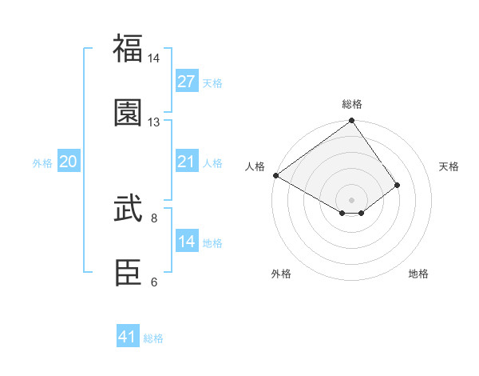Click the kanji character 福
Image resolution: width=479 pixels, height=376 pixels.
click(129, 48)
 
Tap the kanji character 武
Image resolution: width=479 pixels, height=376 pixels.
click(129, 210)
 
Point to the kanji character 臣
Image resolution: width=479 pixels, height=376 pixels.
click(129, 273)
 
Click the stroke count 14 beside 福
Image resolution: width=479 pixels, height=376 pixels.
click(154, 59)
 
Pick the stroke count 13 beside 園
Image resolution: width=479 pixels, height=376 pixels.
click(154, 122)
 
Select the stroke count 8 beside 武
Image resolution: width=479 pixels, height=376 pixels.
click(154, 218)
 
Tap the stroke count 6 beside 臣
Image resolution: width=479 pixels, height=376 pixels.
click(154, 282)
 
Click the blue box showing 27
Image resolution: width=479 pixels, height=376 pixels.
click(187, 82)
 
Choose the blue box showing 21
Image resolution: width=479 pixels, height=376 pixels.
click(187, 162)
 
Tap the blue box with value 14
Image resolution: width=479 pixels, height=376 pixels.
click(187, 242)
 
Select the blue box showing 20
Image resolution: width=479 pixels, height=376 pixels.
click(69, 162)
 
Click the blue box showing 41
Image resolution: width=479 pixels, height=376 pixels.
click(129, 337)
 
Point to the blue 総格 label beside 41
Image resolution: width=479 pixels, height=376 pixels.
click(153, 338)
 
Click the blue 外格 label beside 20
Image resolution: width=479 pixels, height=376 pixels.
click(42, 163)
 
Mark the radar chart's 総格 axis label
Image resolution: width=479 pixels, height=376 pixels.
click(352, 104)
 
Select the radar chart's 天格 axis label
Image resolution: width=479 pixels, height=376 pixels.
click(449, 166)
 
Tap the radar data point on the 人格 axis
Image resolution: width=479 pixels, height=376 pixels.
click(275, 175)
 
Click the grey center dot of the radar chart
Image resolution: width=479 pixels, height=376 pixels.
click(352, 199)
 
